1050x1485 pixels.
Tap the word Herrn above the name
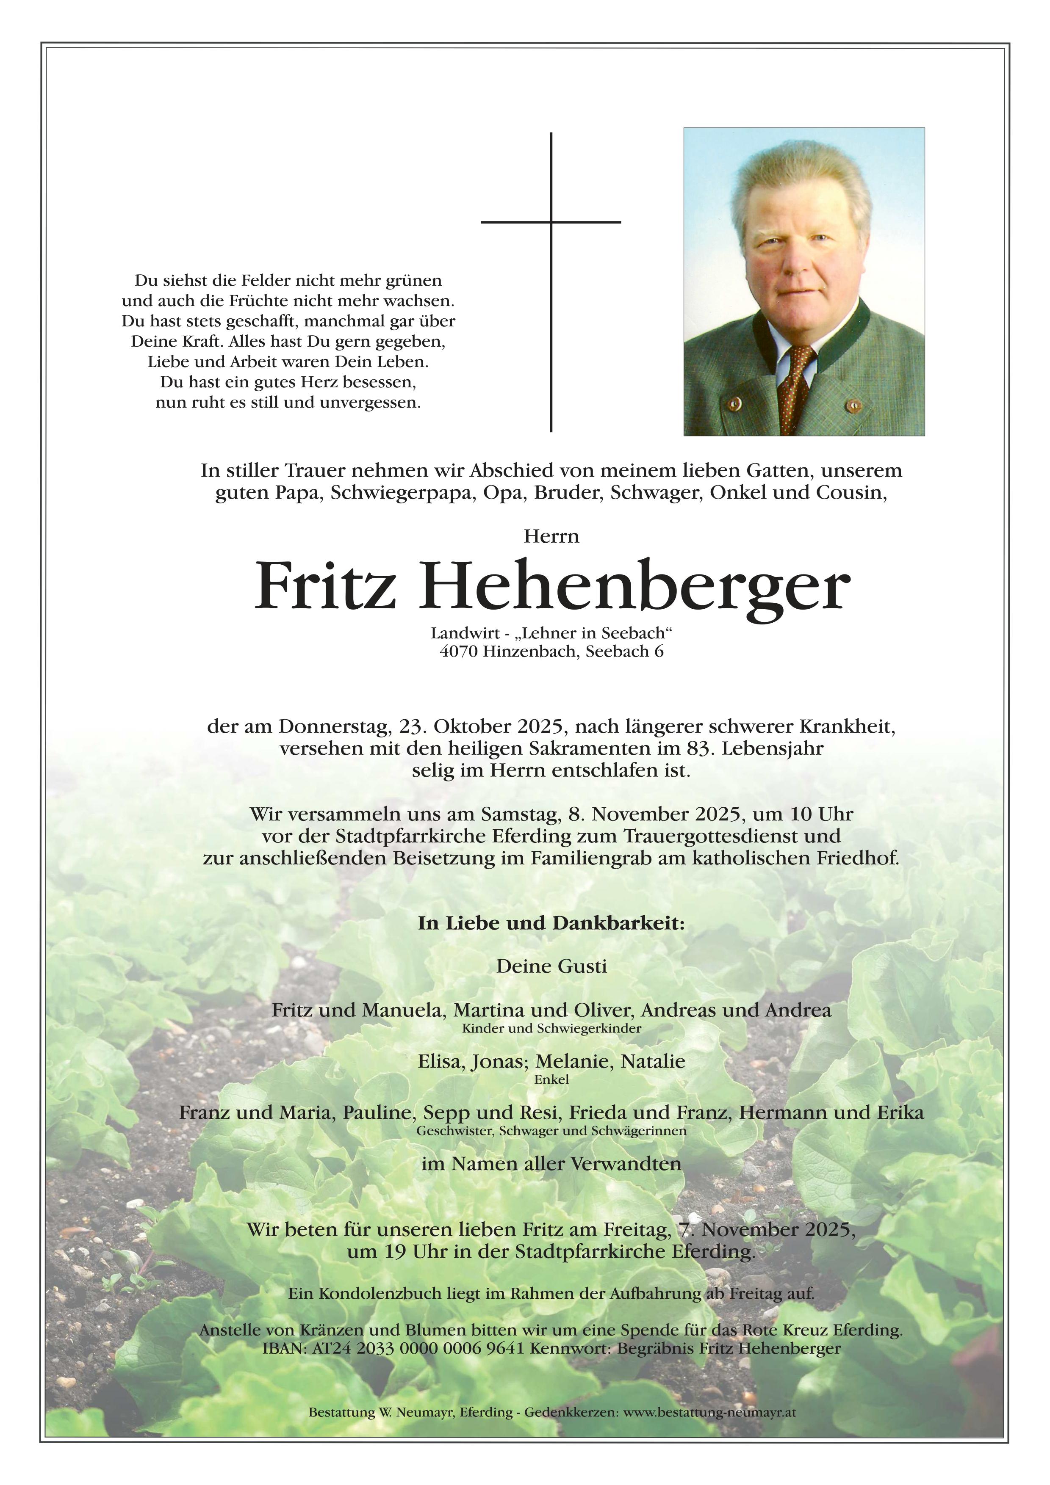point(551,537)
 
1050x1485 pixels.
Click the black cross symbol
point(551,222)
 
